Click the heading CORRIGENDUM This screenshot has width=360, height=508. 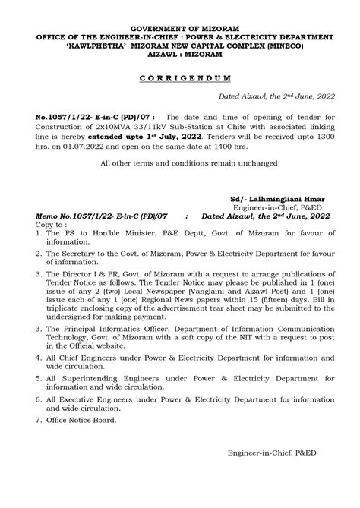(x=179, y=80)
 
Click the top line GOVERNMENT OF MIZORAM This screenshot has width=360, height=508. (x=180, y=27)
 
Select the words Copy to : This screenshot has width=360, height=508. (x=51, y=226)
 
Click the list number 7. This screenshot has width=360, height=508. (x=39, y=420)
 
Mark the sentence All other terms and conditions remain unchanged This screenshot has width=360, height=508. (x=179, y=163)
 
